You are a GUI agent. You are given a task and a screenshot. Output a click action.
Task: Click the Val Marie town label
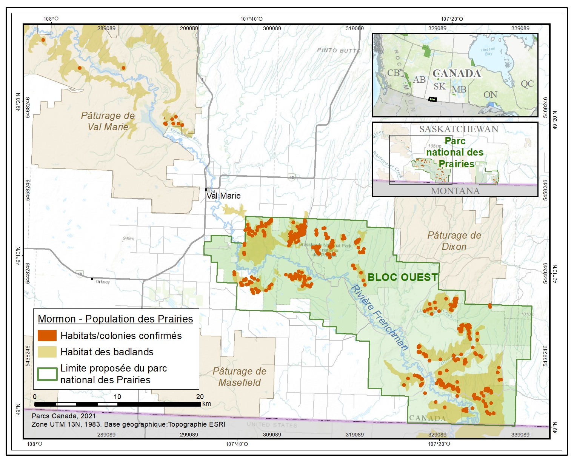tap(223, 196)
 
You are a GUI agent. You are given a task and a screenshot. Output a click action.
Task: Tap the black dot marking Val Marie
tap(206, 189)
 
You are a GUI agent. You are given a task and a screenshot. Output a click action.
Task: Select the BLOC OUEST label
tap(403, 277)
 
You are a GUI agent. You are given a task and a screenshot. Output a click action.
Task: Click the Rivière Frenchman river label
tap(380, 318)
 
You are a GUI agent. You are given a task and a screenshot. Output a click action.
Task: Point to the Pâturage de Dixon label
tap(454, 241)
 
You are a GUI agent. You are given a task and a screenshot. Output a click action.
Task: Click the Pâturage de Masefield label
tap(240, 377)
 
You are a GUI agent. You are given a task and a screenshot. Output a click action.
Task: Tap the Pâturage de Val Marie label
tap(108, 121)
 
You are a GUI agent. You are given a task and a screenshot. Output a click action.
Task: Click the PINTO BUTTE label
tap(339, 50)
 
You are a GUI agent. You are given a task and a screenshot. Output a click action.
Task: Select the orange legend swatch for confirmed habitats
tap(47, 336)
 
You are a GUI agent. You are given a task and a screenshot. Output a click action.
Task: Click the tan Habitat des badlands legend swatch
tap(47, 352)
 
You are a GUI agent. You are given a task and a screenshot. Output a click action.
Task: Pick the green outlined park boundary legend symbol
tap(47, 374)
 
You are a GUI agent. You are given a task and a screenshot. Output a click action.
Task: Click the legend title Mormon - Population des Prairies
tap(115, 319)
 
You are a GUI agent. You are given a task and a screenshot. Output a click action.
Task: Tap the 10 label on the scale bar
tap(117, 396)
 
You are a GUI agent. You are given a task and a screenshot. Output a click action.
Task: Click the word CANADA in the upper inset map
tap(457, 73)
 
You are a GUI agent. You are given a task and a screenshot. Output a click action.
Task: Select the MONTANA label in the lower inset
tap(455, 191)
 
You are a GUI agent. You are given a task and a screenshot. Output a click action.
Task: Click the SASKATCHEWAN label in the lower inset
tap(459, 129)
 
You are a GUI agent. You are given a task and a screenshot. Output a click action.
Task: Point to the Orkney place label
tap(103, 282)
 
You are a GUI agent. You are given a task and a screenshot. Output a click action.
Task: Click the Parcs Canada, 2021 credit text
tap(64, 416)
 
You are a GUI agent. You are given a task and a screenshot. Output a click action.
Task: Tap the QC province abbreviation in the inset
tap(527, 83)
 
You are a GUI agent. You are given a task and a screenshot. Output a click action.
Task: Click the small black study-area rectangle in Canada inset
tap(432, 99)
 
